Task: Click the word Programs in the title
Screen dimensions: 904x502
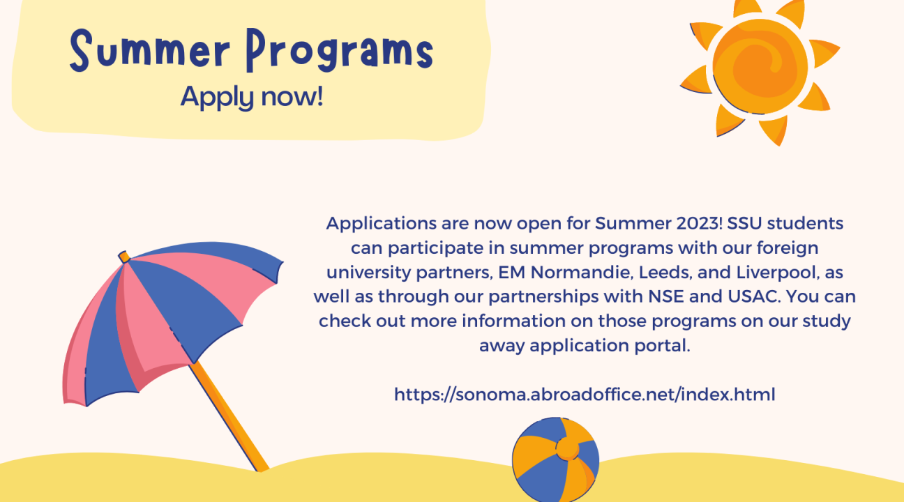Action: coord(340,51)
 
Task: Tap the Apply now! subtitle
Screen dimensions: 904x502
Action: coord(252,97)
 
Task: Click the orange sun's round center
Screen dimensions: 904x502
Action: coord(760,66)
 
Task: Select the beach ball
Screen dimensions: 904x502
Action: coord(555,459)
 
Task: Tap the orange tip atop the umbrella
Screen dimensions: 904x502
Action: coord(124,257)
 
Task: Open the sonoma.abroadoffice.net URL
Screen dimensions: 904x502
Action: coord(585,394)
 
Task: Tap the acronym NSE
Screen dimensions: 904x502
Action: coord(666,296)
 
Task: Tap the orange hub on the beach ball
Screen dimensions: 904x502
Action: coord(567,448)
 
